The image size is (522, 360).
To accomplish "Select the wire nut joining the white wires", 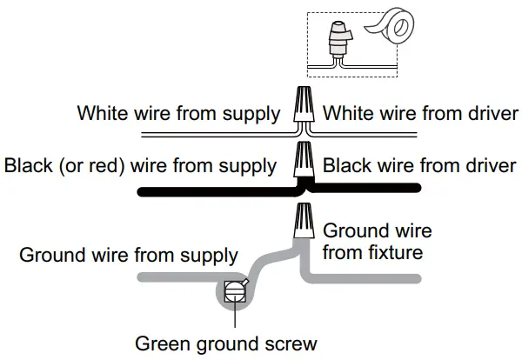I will coord(304,105).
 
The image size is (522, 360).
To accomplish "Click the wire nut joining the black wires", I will coord(304,160).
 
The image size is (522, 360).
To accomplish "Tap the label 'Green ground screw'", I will coord(225,343).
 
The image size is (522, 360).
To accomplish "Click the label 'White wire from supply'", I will coord(179,114).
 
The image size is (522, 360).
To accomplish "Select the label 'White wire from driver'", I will coord(421,114).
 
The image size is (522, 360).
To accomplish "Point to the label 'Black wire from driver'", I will coord(421,165).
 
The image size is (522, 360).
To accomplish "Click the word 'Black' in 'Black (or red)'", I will coord(25,165).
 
